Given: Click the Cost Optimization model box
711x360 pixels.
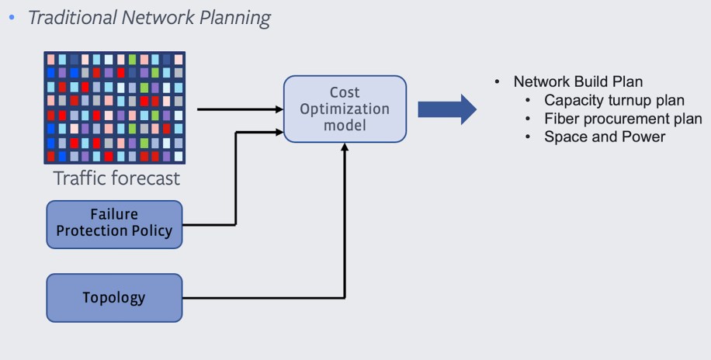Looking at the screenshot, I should (x=345, y=109).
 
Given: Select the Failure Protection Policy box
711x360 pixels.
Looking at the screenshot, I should (x=114, y=224).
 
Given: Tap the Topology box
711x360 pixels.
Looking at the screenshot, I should (x=114, y=298).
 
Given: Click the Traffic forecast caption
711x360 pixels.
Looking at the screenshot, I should (x=116, y=178).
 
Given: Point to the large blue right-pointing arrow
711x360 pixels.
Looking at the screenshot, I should (x=447, y=109).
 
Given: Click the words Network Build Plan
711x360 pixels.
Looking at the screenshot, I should (x=577, y=82).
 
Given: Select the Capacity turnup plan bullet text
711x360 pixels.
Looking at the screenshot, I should (x=614, y=101).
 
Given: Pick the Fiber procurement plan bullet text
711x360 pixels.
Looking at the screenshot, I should (x=623, y=119).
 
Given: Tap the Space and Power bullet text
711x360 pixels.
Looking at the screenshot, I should (x=605, y=137).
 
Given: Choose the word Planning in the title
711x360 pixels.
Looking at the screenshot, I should (x=235, y=18).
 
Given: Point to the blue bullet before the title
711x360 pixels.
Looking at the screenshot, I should (x=12, y=17).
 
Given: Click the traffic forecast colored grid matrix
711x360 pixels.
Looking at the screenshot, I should (x=114, y=108).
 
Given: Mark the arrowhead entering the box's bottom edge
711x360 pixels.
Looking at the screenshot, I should (x=345, y=147).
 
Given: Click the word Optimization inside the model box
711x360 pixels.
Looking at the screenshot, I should (x=345, y=109).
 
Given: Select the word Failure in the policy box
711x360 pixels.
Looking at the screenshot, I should (x=114, y=215).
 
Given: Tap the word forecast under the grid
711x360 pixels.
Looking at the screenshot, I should (x=143, y=178).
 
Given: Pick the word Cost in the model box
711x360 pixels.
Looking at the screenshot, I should (x=345, y=92).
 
